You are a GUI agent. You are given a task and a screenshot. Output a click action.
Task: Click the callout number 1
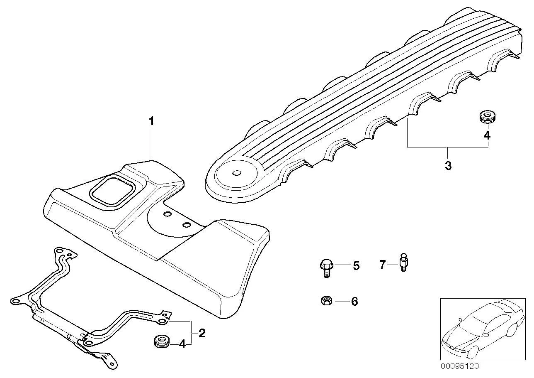coord(151,121)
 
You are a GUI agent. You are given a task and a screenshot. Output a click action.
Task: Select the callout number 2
coord(201,333)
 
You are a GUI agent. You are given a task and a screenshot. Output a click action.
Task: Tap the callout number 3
coord(448,165)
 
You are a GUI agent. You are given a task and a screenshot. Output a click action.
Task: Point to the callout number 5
coord(356,266)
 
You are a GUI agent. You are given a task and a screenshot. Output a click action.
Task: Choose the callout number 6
coord(355,302)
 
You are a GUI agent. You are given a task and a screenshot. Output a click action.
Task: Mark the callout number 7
coord(382,265)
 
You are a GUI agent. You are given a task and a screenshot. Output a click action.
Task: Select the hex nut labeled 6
coord(327,301)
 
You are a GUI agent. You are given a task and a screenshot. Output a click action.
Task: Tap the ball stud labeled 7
coord(403,262)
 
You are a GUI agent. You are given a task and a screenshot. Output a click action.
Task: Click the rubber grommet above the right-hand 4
coord(487,117)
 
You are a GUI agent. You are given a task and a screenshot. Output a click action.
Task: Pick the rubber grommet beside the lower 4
coord(161,342)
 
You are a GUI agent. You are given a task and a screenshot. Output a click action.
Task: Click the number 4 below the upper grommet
coord(487,135)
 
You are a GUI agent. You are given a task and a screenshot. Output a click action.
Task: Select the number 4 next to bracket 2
coord(182,344)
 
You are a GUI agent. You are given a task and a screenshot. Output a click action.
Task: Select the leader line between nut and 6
coord(342,302)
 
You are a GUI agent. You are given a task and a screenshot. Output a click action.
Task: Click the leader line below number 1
coord(152,142)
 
